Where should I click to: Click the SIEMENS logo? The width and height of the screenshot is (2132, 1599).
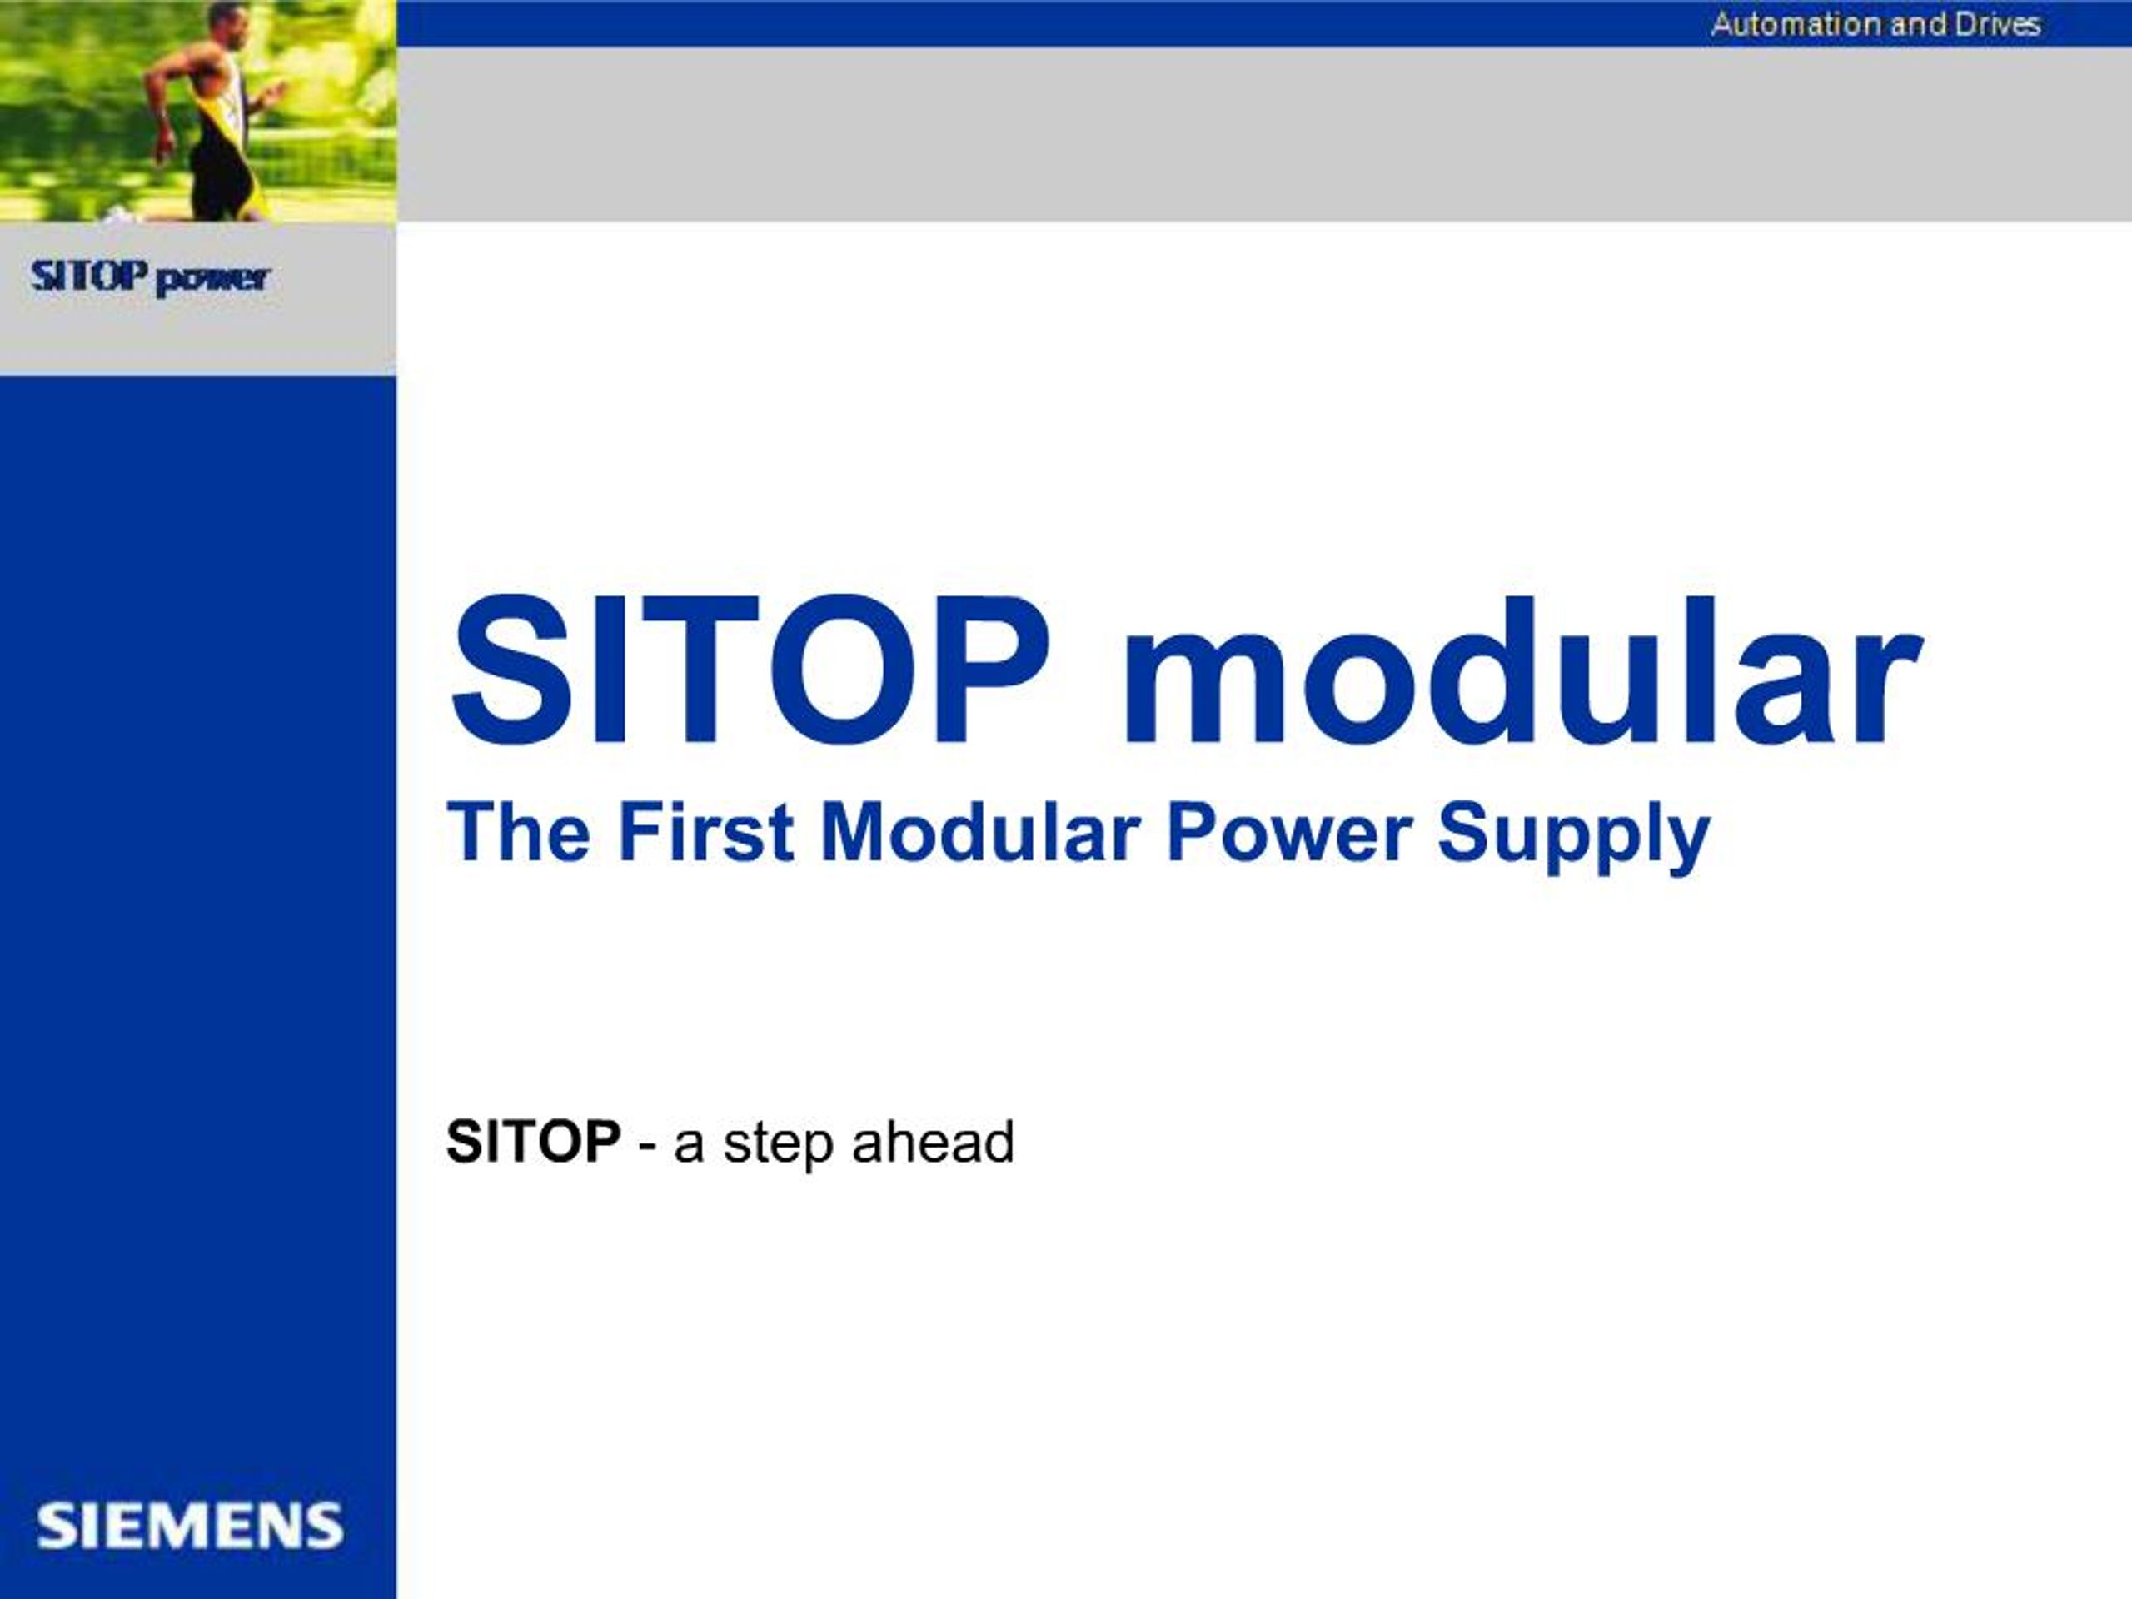pos(190,1526)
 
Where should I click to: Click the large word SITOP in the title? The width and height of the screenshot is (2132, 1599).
pos(752,675)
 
